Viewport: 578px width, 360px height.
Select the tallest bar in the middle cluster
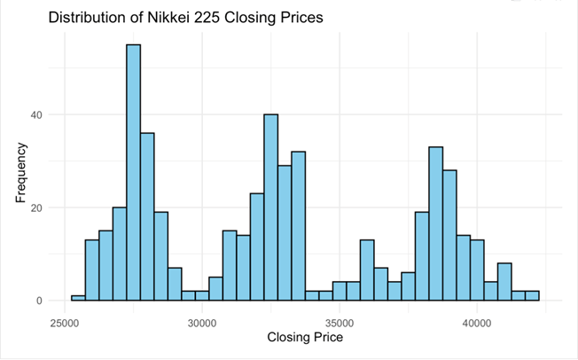click(x=270, y=207)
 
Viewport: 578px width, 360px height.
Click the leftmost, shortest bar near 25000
click(x=78, y=298)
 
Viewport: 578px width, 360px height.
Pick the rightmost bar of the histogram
click(x=532, y=296)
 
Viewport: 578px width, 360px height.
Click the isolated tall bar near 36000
click(x=367, y=270)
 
